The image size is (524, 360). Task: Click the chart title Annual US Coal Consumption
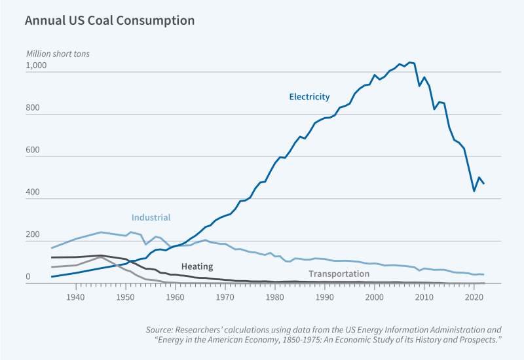[x=109, y=20]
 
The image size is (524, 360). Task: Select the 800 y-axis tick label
[x=33, y=109]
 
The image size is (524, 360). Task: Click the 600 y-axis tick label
[x=33, y=151]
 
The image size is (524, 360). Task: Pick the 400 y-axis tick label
[x=33, y=193]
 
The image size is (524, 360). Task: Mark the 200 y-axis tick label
[x=33, y=235]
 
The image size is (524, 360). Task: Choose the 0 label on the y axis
[x=28, y=278]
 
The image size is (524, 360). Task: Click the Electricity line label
[x=309, y=97]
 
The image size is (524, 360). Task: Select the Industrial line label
[x=151, y=217]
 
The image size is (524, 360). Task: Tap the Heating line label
[x=197, y=266]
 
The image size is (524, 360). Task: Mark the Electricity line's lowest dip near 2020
[x=474, y=191]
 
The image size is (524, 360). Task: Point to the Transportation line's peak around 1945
[x=100, y=257]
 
